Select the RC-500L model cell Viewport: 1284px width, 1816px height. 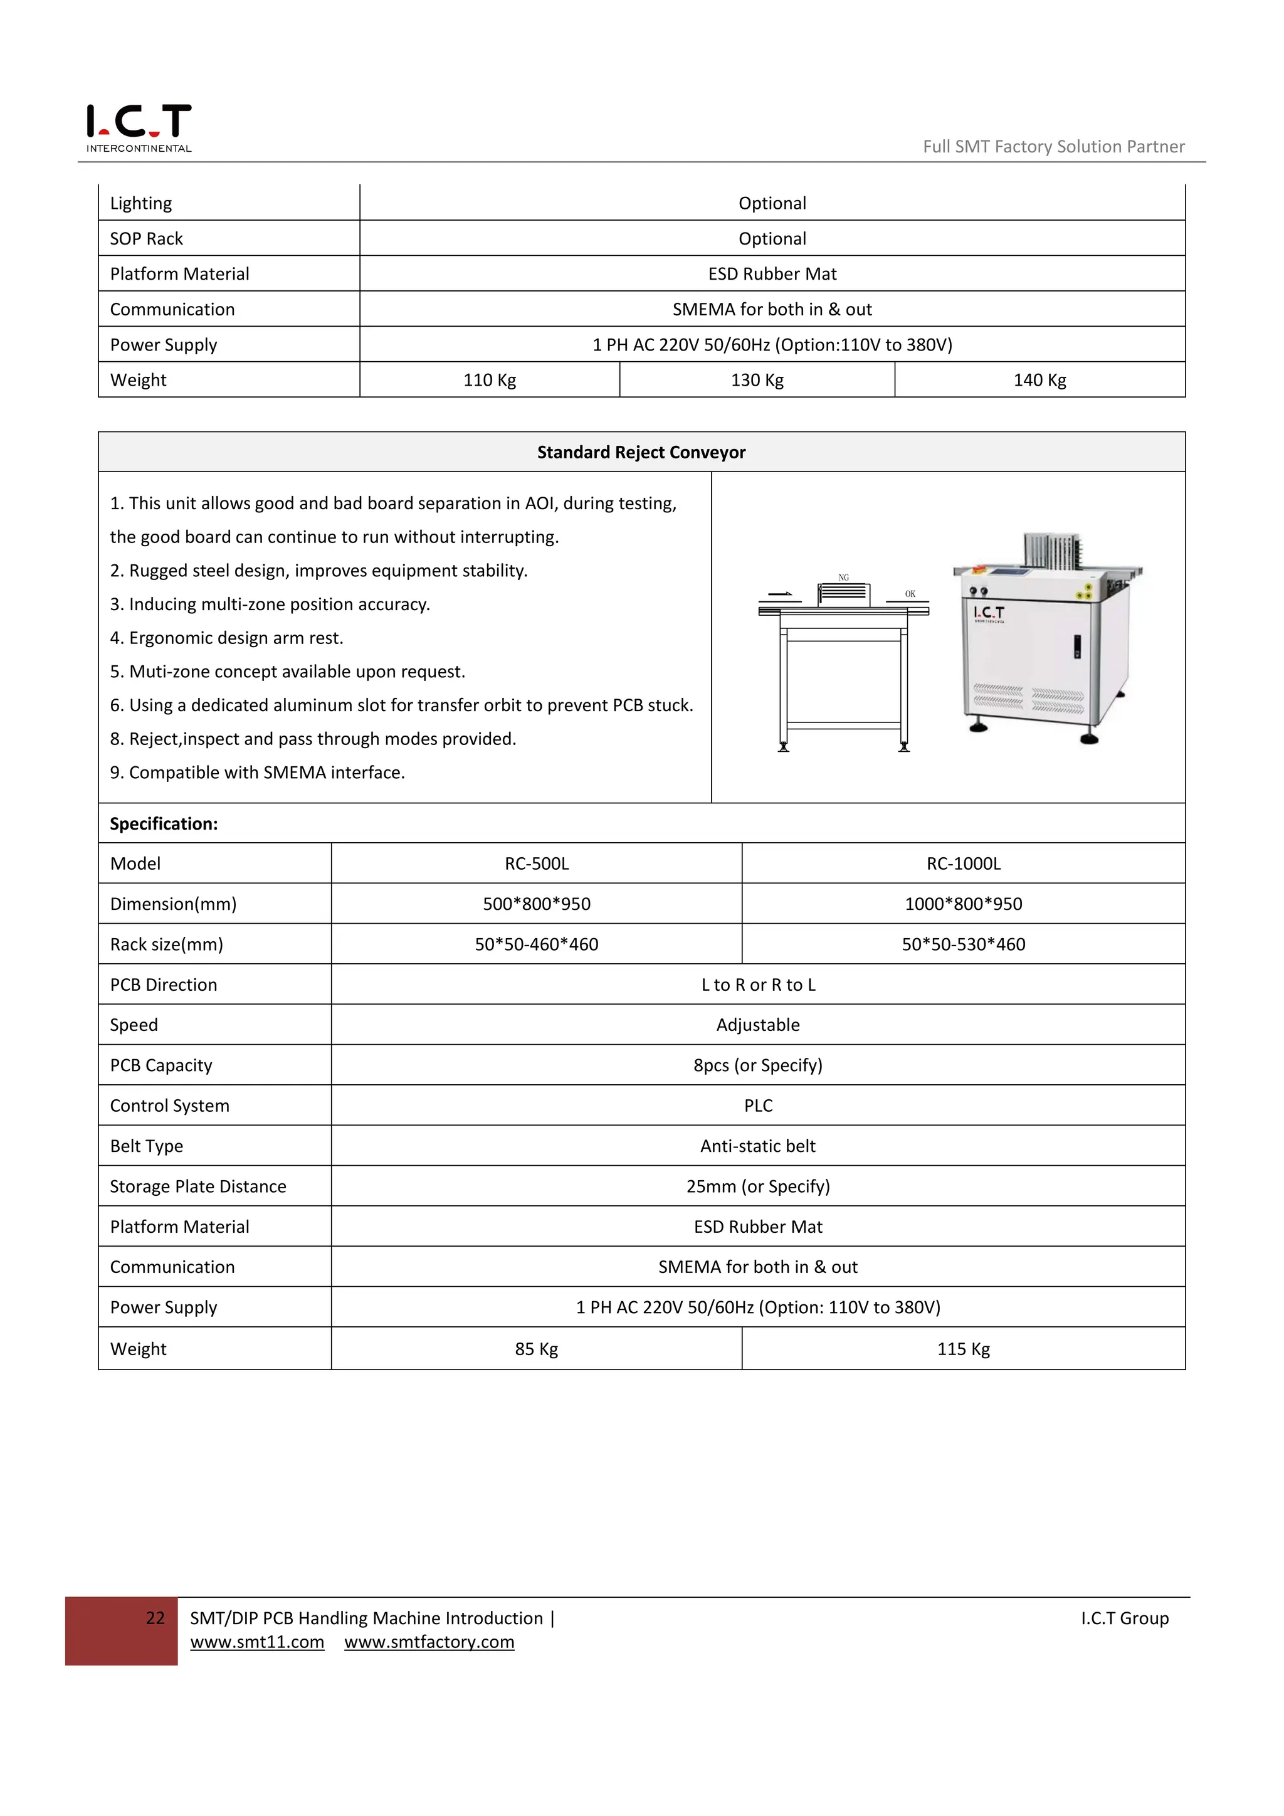click(536, 863)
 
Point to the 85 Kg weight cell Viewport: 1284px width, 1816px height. click(536, 1349)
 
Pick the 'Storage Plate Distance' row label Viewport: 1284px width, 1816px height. click(197, 1186)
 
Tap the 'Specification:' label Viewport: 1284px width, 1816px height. click(164, 823)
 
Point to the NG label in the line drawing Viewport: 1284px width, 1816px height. click(844, 578)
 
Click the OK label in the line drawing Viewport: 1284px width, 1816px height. click(910, 594)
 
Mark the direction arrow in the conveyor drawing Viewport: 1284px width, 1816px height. click(779, 594)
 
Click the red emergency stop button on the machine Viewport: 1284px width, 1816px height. click(977, 569)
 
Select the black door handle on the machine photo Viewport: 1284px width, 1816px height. click(1077, 647)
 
